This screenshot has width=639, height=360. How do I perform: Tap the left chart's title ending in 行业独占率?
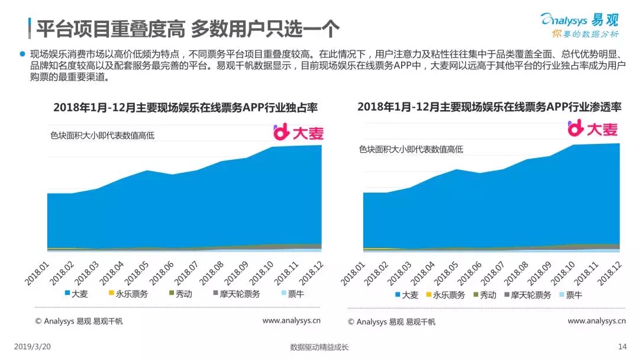coord(186,108)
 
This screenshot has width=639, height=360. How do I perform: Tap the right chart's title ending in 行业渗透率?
coord(489,107)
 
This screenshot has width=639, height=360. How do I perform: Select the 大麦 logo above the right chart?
coord(593,128)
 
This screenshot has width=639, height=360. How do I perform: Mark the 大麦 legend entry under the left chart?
coord(75,293)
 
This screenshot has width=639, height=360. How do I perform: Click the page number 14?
coord(622,347)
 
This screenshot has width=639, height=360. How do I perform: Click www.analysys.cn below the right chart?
coord(596,321)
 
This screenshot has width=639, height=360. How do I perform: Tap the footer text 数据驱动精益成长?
coord(319,348)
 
